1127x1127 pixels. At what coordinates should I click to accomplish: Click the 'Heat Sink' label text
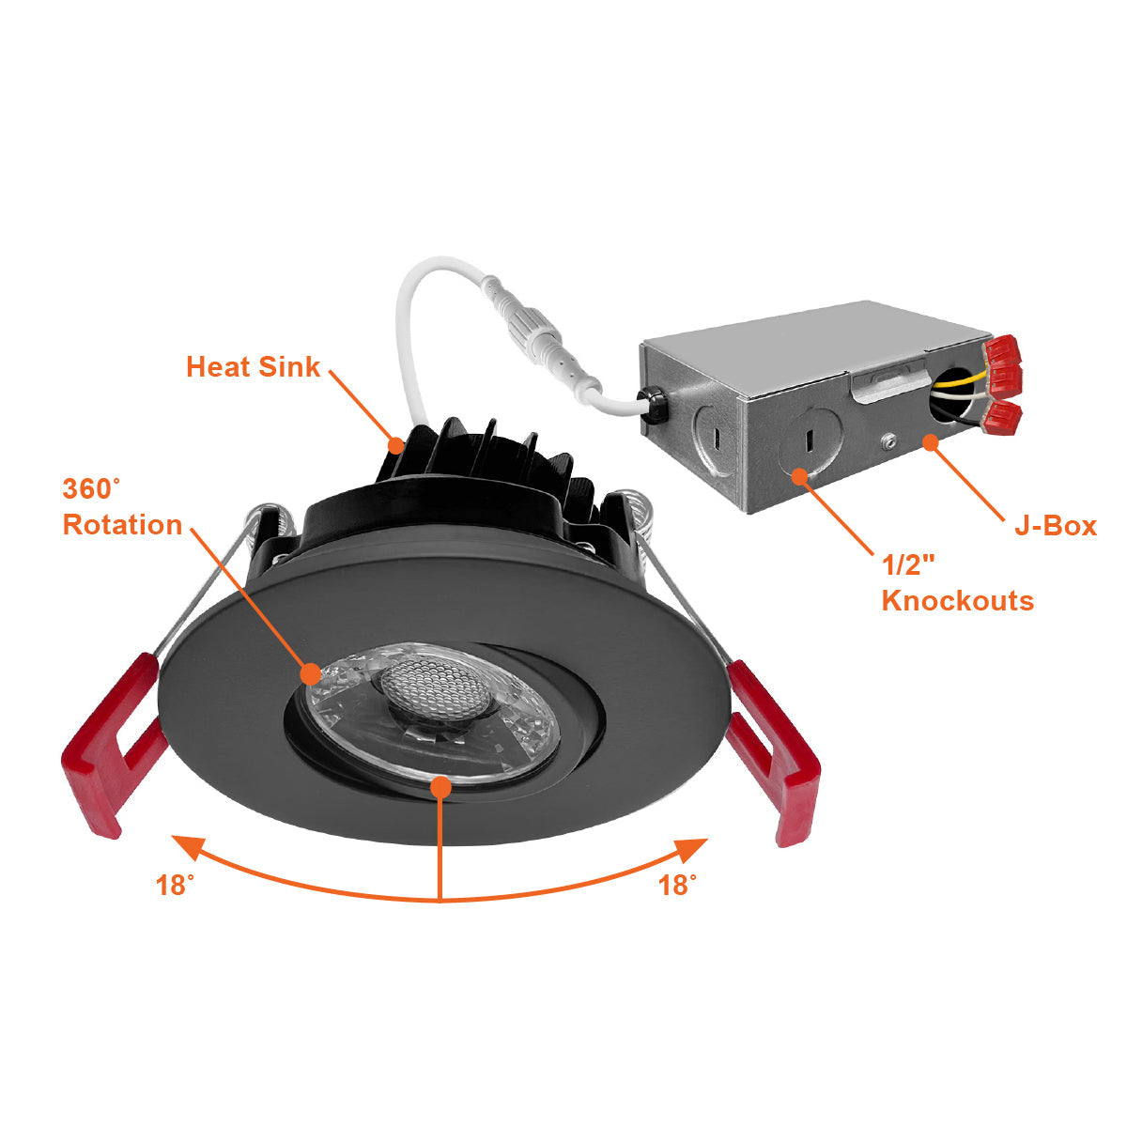click(253, 366)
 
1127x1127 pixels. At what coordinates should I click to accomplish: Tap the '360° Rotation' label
click(122, 507)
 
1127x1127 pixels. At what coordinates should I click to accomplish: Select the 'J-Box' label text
click(1055, 525)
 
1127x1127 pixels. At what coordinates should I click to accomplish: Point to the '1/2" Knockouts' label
click(957, 583)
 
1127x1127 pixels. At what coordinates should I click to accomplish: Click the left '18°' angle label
click(176, 885)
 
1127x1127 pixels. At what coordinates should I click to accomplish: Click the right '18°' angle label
click(677, 885)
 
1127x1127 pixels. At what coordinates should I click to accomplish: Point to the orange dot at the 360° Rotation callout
click(310, 672)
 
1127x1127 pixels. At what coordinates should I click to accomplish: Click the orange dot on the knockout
click(800, 476)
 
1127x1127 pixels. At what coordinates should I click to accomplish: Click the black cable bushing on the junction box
click(655, 404)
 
